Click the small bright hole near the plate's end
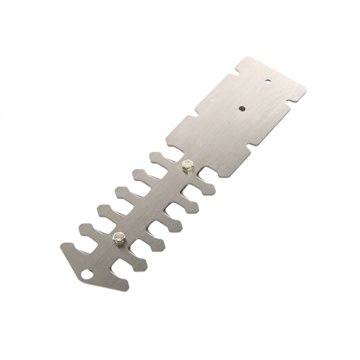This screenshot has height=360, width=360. (267, 81)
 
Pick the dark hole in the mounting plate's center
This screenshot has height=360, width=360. (242, 108)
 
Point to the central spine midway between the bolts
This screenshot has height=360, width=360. (152, 202)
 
